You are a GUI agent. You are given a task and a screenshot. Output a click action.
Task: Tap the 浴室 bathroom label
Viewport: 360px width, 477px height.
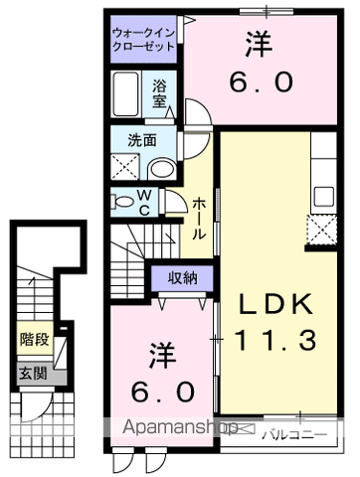(x=159, y=96)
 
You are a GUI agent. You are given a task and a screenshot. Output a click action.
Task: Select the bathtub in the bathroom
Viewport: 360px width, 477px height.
(x=128, y=98)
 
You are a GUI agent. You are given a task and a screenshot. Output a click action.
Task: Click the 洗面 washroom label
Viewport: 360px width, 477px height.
(x=140, y=140)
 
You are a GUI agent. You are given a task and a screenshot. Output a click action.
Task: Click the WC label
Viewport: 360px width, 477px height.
(x=144, y=203)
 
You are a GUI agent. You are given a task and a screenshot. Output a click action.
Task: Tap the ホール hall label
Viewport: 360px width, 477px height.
(x=199, y=218)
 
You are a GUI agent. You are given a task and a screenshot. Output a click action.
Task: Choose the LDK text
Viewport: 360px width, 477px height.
(x=274, y=303)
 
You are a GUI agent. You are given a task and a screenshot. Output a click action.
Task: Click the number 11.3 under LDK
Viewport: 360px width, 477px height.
(x=274, y=341)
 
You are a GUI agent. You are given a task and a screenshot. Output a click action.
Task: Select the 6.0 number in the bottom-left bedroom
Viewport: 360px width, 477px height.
(x=159, y=392)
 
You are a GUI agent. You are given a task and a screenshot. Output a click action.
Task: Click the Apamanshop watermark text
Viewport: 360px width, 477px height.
(x=181, y=428)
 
